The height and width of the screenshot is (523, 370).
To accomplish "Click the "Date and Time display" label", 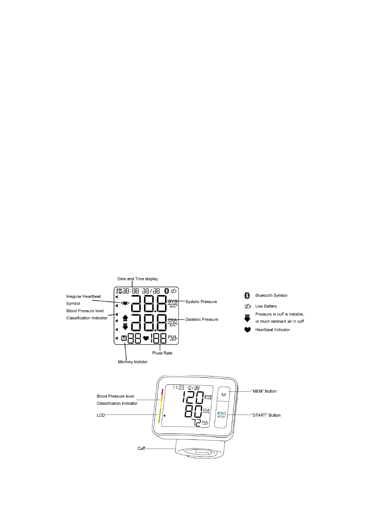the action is [x=138, y=279].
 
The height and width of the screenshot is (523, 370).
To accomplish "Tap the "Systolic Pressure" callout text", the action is [x=201, y=302].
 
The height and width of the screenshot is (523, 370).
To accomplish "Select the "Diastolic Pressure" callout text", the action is [x=202, y=319].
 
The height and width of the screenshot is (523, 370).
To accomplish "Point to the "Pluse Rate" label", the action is [x=162, y=353].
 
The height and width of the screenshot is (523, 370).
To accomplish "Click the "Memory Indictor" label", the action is [x=133, y=362].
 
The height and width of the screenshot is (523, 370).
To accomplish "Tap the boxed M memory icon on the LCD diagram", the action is [x=124, y=339].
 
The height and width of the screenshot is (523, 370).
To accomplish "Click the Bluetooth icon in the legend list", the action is [x=247, y=295].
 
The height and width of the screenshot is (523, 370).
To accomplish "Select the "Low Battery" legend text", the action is [x=266, y=306].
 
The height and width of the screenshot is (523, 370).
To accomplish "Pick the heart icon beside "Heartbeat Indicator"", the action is [x=247, y=330].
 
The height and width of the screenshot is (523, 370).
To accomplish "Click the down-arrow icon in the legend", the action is [x=247, y=318].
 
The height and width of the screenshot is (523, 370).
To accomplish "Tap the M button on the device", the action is [x=223, y=395].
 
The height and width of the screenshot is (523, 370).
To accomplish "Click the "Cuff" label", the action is [x=141, y=448].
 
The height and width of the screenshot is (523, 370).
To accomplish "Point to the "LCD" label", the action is [x=101, y=415].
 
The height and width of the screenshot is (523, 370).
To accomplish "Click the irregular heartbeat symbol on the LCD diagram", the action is [x=125, y=303].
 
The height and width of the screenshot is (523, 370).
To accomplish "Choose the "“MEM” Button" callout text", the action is [x=264, y=391].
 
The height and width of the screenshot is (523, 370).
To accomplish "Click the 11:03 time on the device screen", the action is [x=178, y=388].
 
